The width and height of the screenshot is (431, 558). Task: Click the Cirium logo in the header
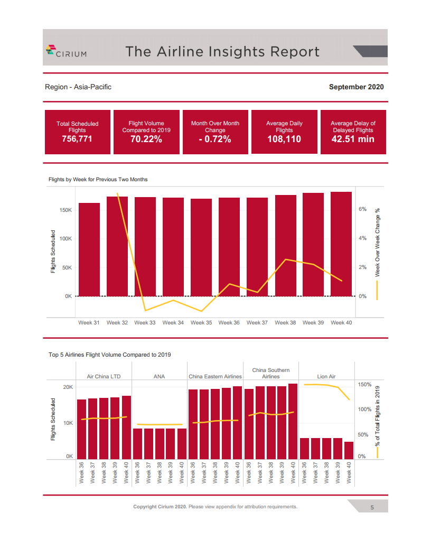click(66, 51)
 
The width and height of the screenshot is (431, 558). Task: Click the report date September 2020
click(356, 87)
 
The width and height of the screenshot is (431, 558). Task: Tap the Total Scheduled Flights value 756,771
click(77, 139)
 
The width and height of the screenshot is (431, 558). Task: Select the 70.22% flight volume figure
click(146, 139)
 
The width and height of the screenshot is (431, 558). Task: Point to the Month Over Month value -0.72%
click(215, 139)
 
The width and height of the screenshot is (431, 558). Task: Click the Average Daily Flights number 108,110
click(284, 139)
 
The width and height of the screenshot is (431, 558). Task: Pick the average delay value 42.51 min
click(353, 139)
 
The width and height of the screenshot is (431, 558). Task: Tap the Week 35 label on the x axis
click(201, 322)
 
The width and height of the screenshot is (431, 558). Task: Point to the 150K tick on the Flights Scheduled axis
click(65, 210)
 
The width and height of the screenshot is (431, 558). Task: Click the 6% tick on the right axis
click(362, 209)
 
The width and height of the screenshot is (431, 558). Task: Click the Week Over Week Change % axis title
click(377, 241)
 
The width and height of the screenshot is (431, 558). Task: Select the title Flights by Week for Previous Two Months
click(98, 180)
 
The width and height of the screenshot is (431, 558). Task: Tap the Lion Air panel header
click(326, 377)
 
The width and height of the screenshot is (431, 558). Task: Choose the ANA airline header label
click(159, 377)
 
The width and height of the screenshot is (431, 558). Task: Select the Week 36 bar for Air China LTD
click(82, 429)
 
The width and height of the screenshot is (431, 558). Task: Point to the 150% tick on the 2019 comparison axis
click(365, 384)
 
